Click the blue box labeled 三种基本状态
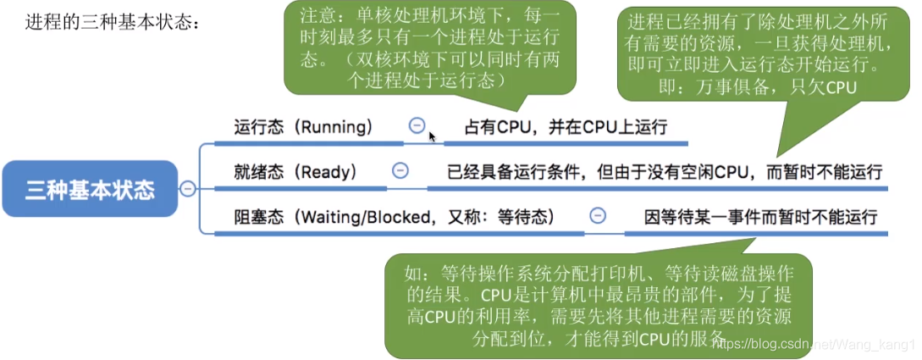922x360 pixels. pos(90,189)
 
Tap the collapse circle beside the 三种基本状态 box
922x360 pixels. pos(188,189)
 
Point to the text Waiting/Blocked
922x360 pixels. pos(365,217)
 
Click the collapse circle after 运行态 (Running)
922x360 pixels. pos(417,125)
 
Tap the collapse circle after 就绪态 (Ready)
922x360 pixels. pos(400,170)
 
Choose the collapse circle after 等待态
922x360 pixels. pos(598,216)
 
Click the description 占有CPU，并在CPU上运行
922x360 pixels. pos(566,127)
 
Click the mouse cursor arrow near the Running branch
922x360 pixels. pos(432,137)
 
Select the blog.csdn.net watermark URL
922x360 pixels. pos(817,341)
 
